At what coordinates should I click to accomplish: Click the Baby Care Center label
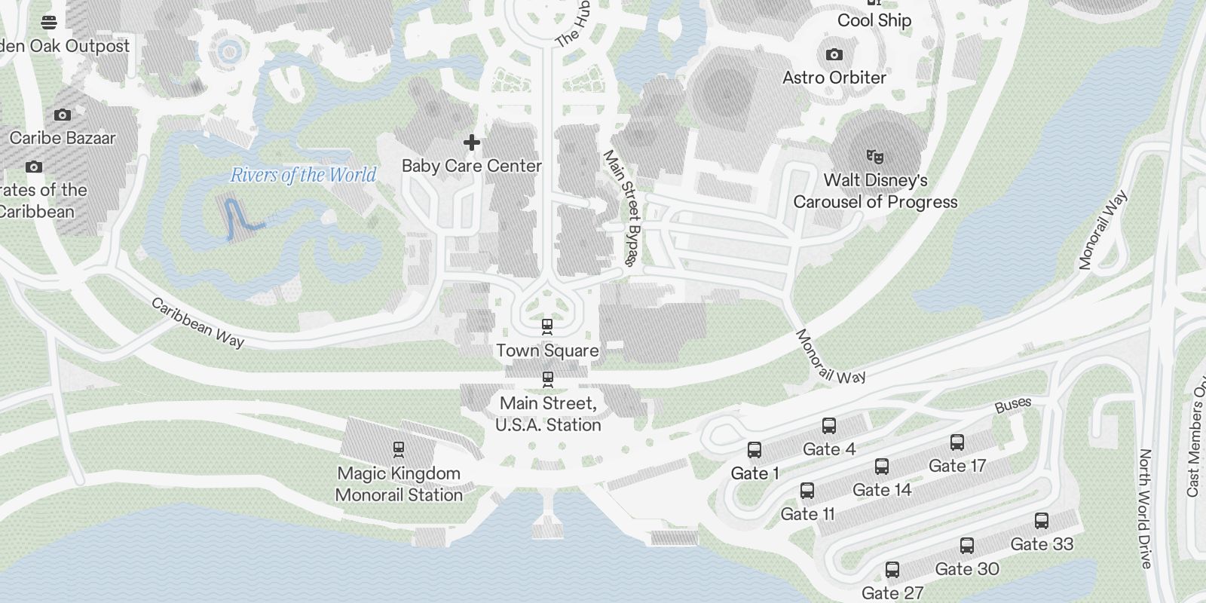[472, 166]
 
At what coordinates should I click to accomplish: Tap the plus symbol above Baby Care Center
[472, 142]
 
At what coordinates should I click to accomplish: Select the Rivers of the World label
[303, 175]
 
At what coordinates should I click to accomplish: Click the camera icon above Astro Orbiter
[834, 54]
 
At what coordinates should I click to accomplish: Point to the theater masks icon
[874, 157]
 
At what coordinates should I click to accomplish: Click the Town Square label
[547, 350]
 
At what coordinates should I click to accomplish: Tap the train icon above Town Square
[547, 326]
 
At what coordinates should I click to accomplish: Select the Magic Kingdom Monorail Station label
[399, 484]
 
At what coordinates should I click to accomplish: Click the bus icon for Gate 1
[754, 450]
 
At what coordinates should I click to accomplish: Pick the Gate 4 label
[829, 449]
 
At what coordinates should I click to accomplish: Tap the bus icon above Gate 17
[957, 442]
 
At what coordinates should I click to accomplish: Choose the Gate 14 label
[882, 490]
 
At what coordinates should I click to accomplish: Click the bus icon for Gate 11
[807, 491]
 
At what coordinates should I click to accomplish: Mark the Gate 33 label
[1042, 544]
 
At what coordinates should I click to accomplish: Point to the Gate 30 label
[967, 569]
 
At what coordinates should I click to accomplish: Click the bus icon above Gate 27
[892, 569]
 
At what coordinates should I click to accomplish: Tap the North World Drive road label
[1145, 509]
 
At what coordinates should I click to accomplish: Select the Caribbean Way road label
[197, 323]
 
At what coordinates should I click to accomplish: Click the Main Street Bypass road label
[622, 208]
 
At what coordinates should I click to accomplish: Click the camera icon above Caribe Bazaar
[63, 115]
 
